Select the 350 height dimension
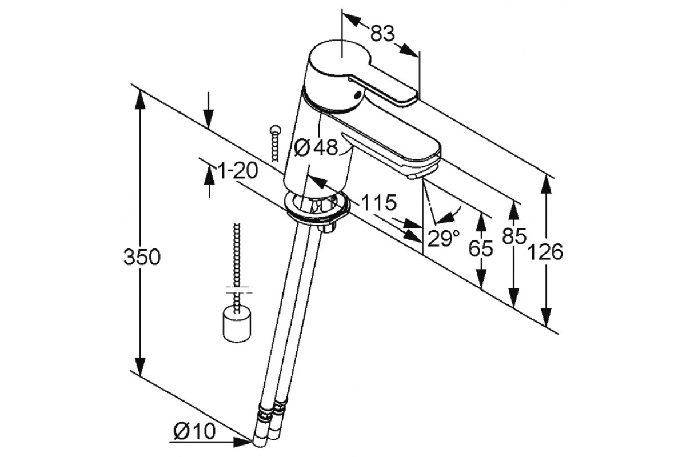coord(142,257)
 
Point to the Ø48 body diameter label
coord(316,148)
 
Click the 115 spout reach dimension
coord(378,202)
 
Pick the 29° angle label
coord(444,238)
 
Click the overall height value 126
coord(546,251)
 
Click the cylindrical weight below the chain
coord(236,324)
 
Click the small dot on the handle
coord(358,95)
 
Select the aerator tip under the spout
coord(413,176)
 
